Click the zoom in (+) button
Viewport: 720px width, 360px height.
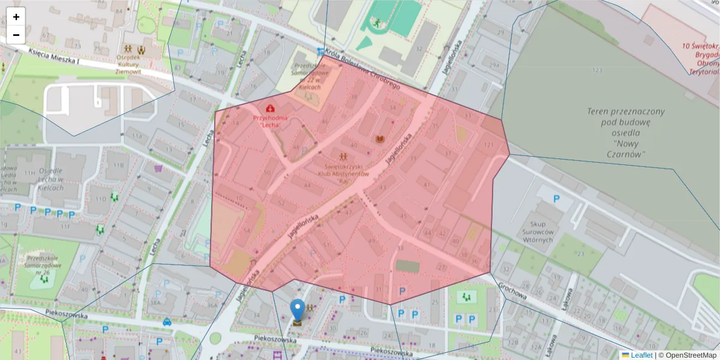point(16,17)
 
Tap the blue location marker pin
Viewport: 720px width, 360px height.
point(298,310)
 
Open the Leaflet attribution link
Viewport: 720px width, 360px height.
point(641,355)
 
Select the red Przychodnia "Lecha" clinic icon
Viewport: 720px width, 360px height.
point(270,108)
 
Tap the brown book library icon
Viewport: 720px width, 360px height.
point(379,140)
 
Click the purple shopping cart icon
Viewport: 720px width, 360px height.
point(158,169)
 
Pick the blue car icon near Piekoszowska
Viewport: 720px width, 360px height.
point(167,322)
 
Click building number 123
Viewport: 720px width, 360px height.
point(596,71)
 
